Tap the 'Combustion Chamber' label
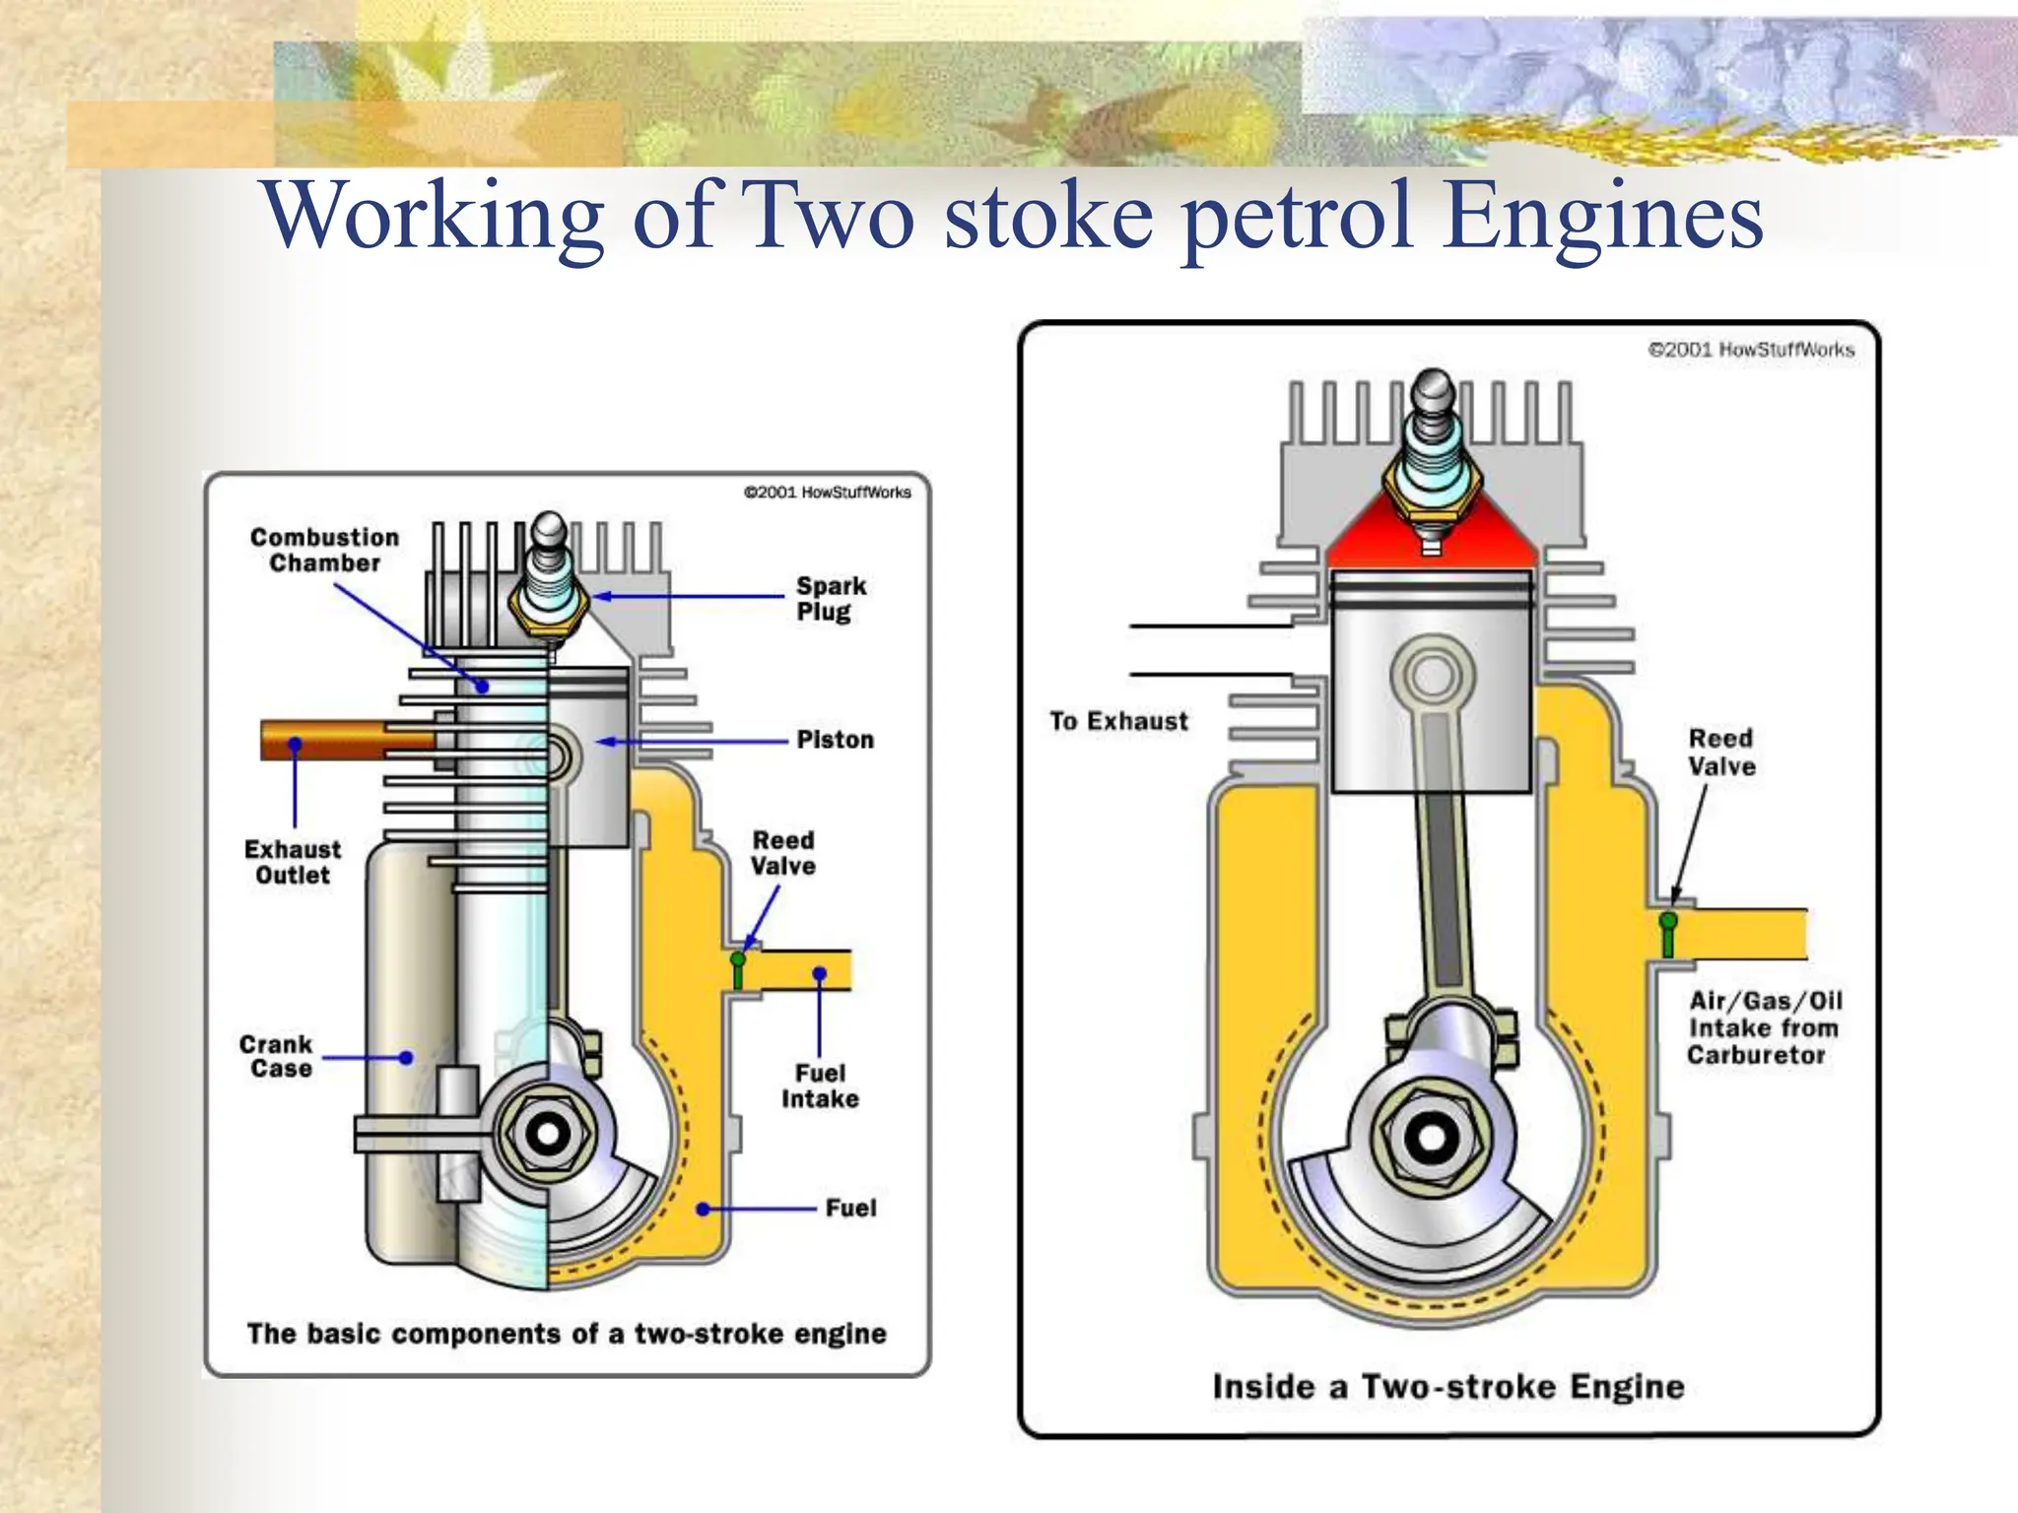coord(324,550)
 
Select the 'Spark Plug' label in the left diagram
coord(831,598)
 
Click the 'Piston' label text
coord(835,740)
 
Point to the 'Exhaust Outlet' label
coord(293,862)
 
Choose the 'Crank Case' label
coord(277,1056)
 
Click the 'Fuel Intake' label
coord(820,1085)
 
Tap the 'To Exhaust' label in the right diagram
coord(1118,721)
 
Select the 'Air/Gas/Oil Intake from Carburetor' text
coord(1763,1027)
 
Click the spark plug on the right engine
coord(1431,453)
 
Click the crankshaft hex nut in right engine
coord(1431,1139)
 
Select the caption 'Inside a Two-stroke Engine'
coord(1447,1386)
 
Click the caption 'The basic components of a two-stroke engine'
coord(567,1333)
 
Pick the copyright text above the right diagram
coord(1751,350)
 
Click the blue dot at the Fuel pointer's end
coord(704,1209)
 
